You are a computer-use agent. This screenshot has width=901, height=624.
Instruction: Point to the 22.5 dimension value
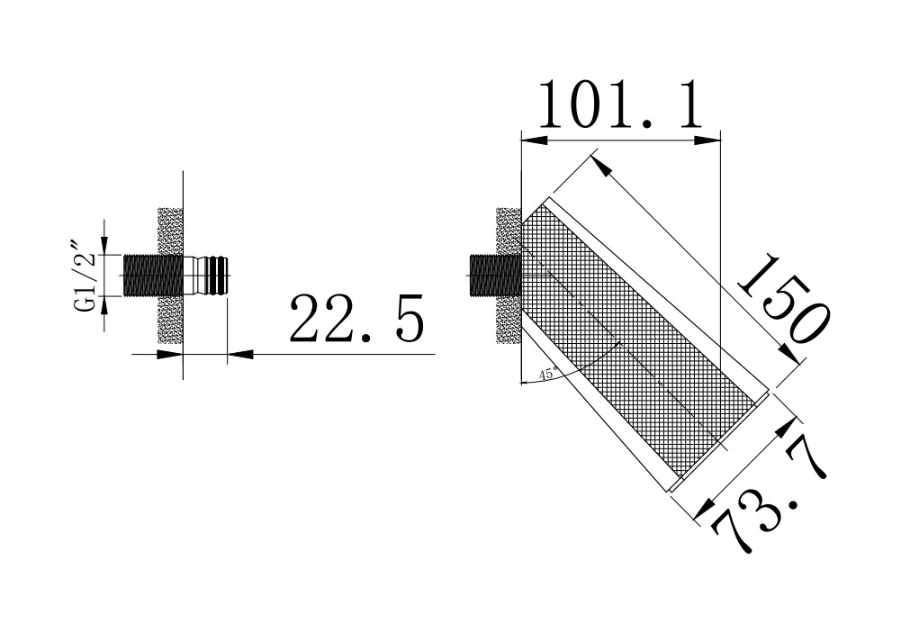[x=355, y=317]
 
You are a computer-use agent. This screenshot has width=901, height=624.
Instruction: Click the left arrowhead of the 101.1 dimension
[x=530, y=139]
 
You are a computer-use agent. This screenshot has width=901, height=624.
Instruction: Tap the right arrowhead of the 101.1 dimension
[x=712, y=139]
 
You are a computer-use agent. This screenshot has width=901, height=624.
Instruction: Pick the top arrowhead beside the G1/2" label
[x=104, y=245]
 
